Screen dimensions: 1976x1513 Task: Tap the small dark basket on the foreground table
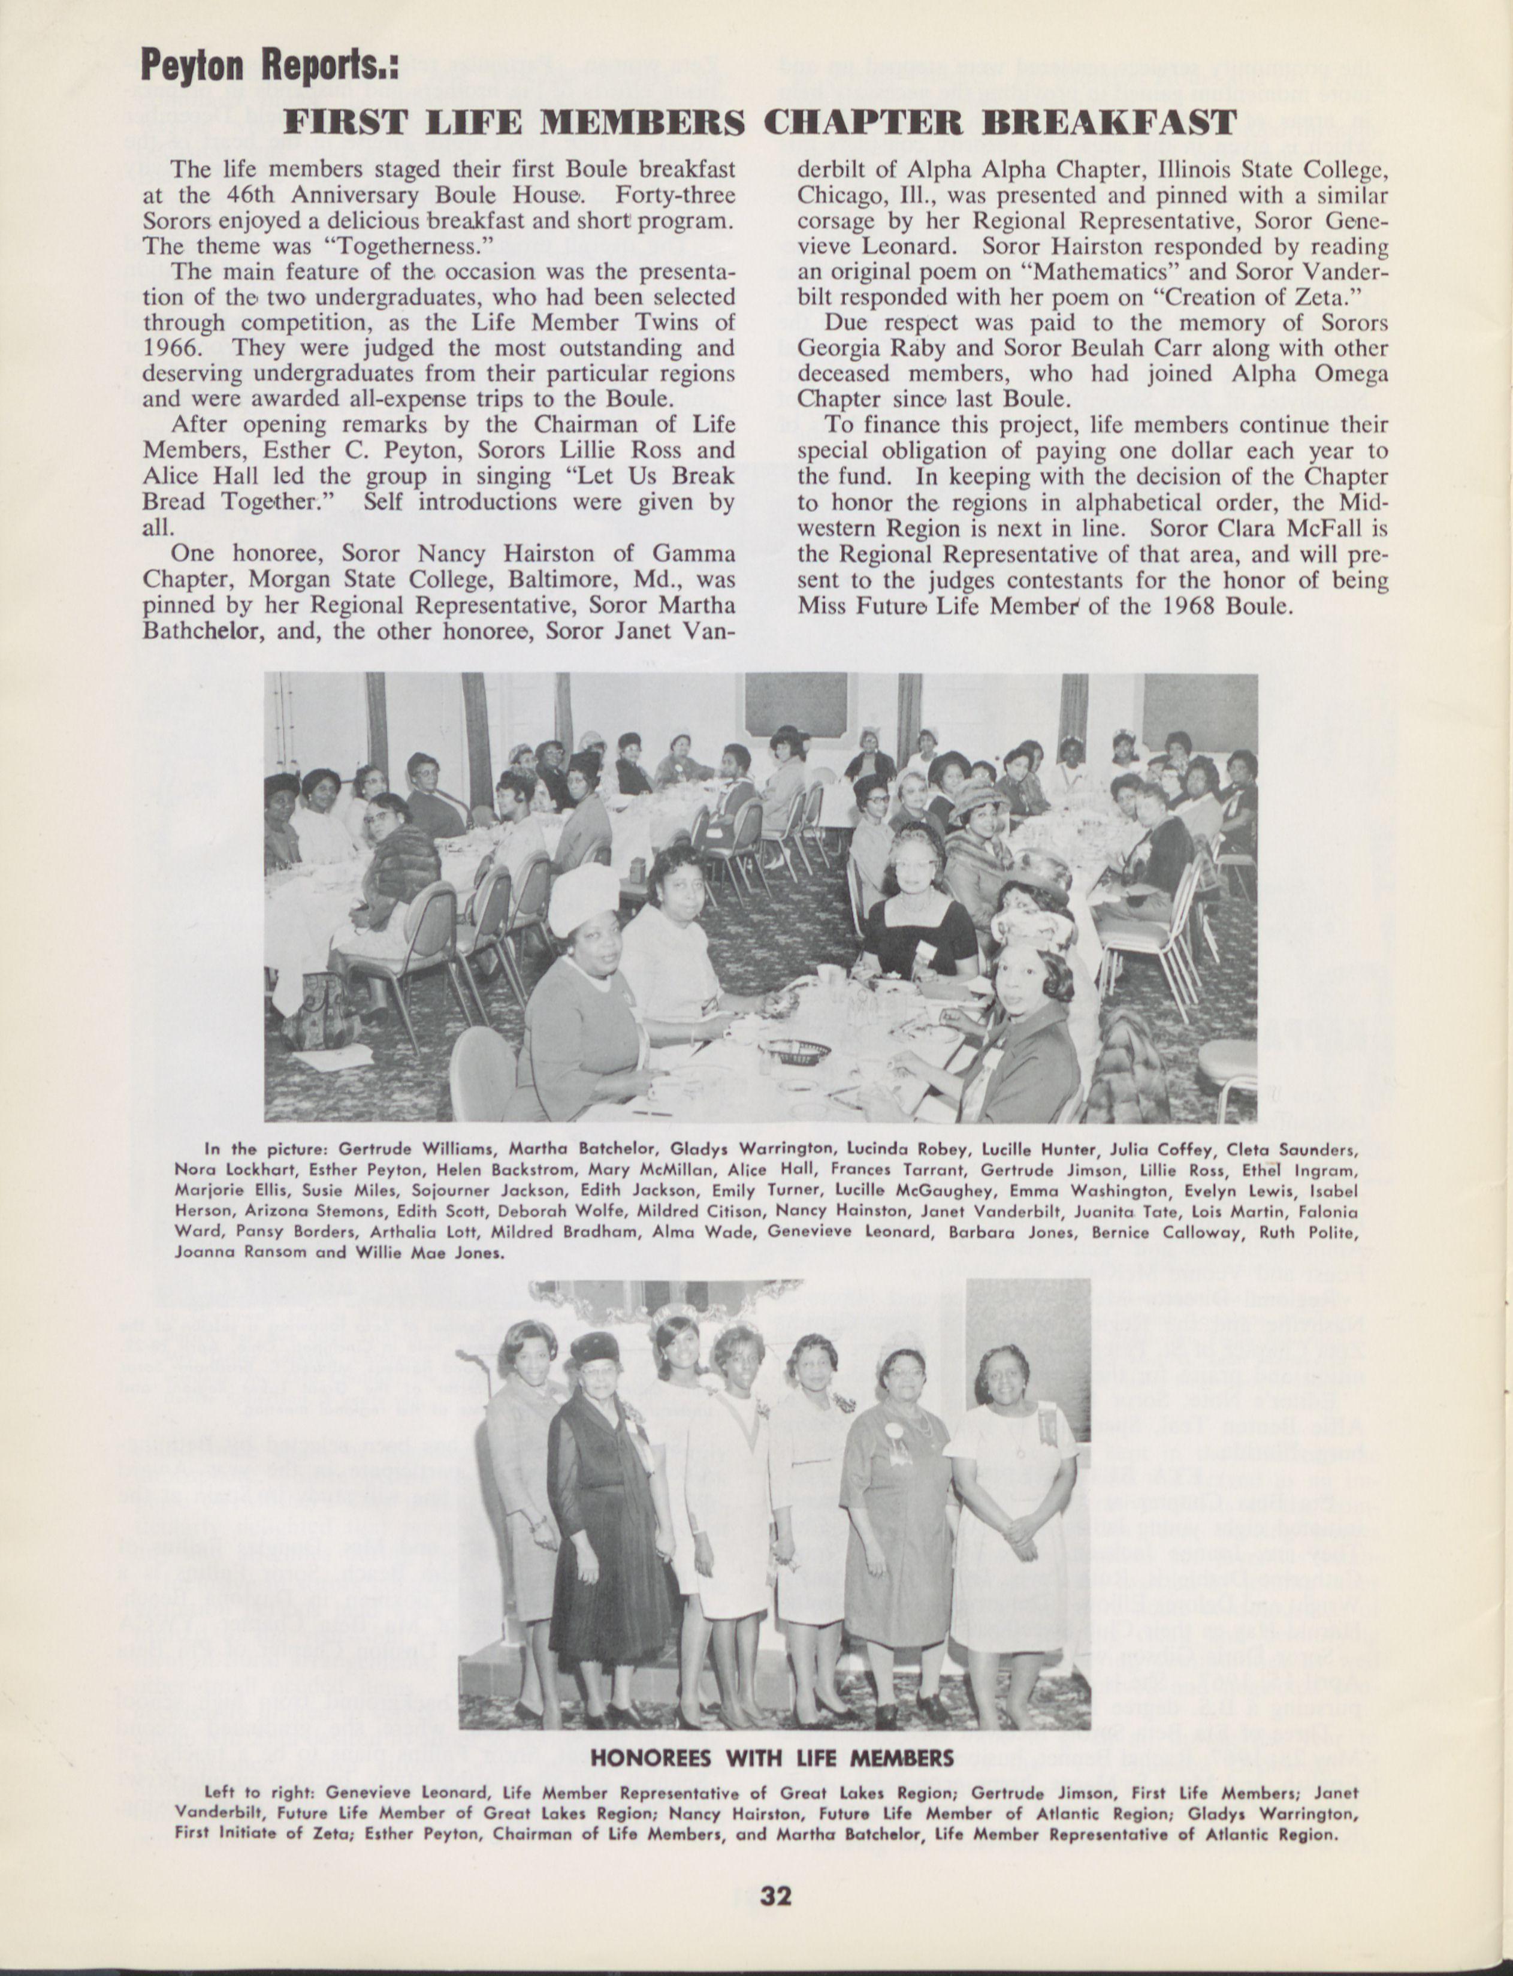(795, 1049)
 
